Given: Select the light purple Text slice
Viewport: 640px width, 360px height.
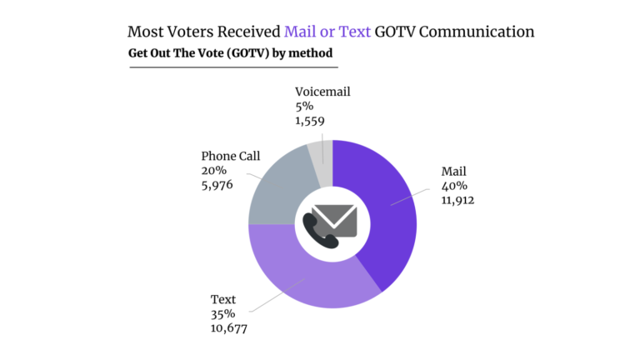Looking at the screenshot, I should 308,279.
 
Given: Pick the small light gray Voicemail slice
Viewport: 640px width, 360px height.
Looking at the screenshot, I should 322,153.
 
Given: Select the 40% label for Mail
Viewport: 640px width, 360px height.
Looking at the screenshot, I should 454,186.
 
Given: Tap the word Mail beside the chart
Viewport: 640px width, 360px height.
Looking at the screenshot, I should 455,172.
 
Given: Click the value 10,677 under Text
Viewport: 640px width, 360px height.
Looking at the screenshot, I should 232,327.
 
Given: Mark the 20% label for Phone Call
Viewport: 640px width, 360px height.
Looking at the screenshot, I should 214,170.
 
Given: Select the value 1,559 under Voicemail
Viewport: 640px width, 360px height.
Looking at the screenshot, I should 308,120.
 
